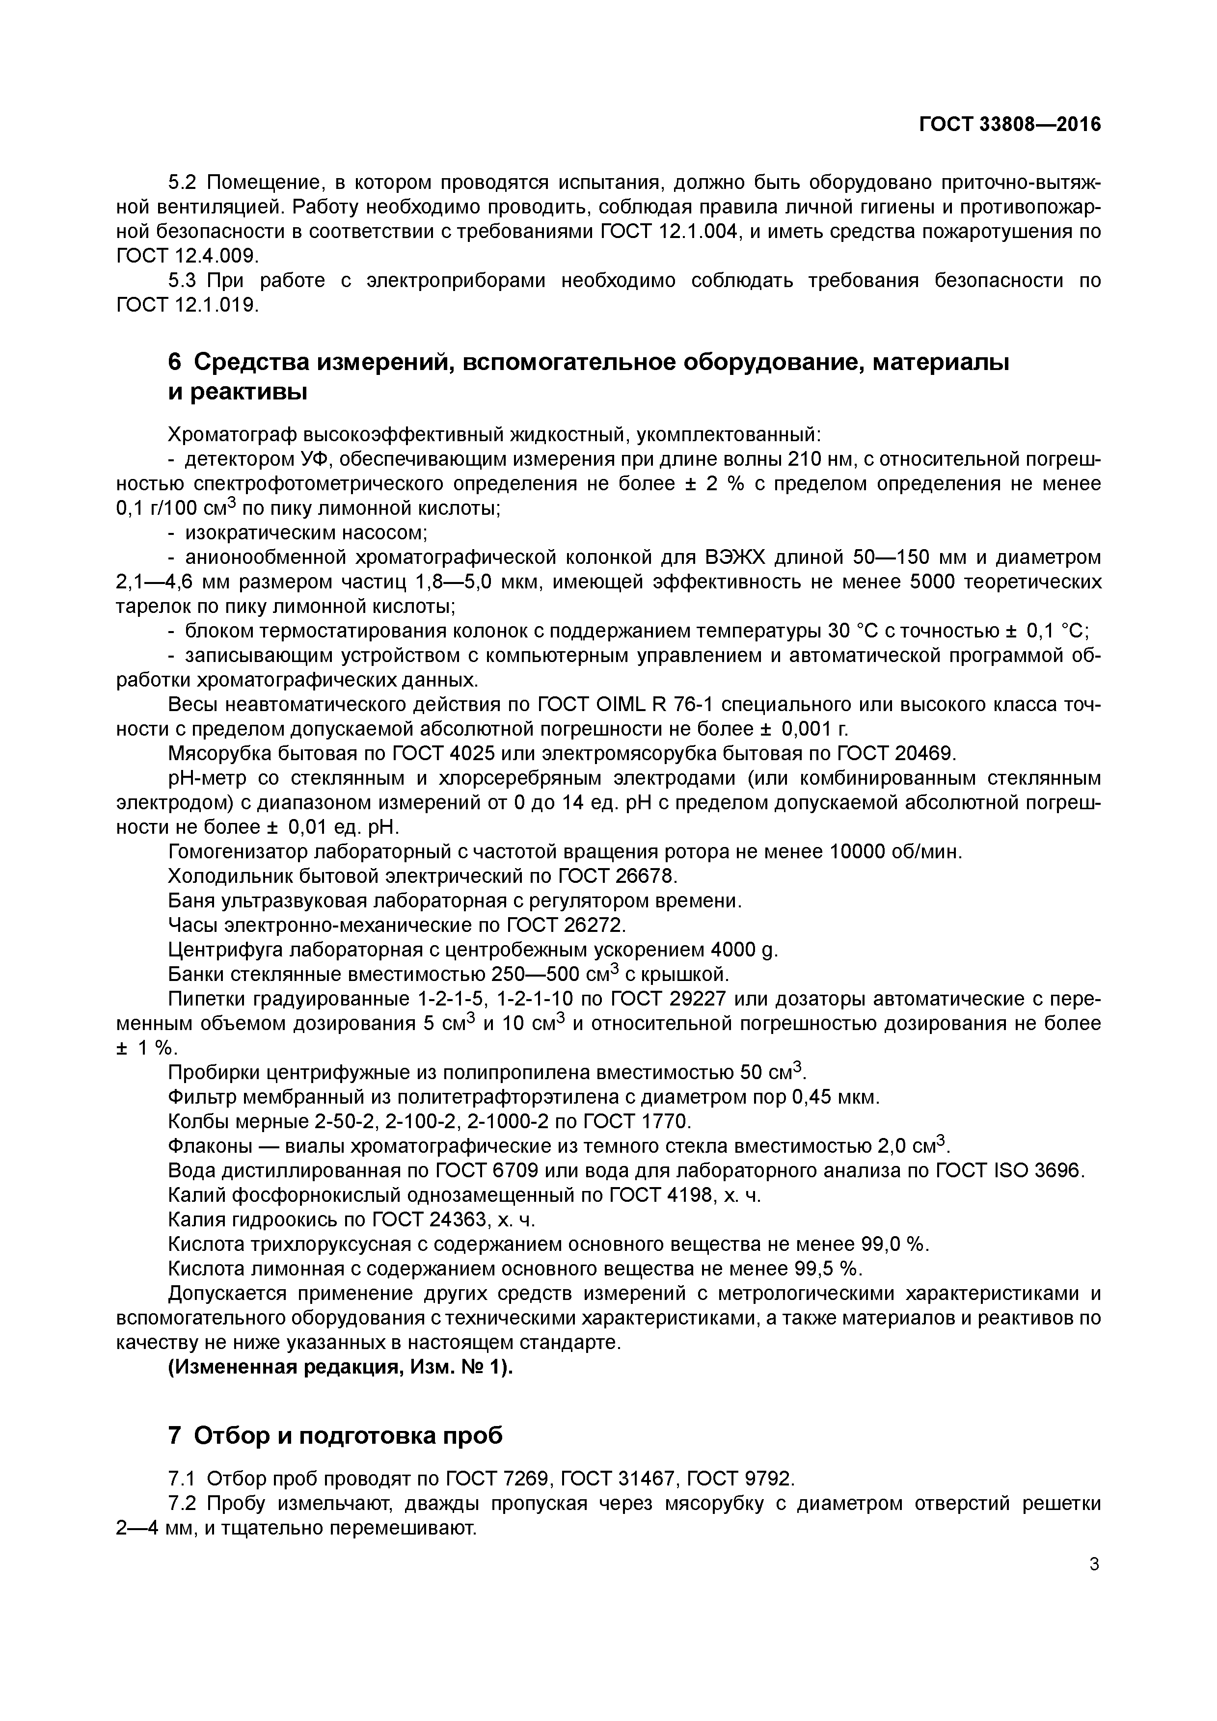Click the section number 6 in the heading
coord(175,362)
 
